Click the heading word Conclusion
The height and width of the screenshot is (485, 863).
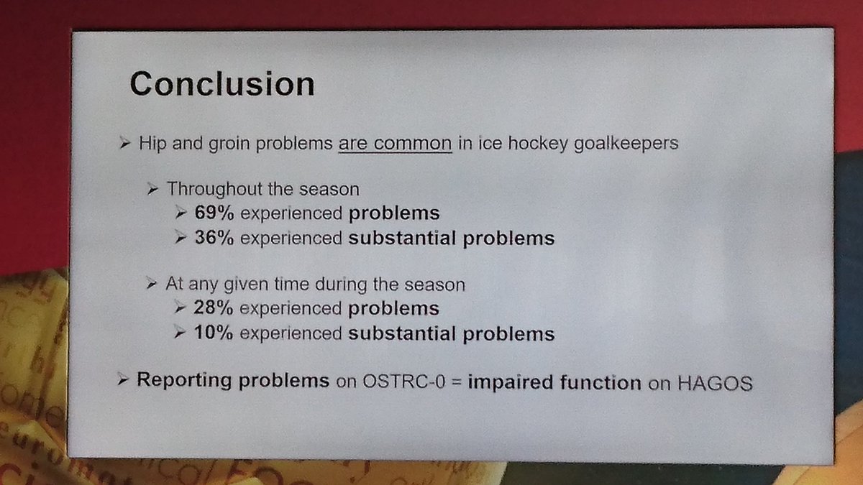point(222,84)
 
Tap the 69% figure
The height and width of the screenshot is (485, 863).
point(214,213)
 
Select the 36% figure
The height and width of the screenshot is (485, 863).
point(214,238)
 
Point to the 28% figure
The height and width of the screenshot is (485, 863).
point(214,308)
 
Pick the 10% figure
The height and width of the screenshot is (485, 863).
point(214,333)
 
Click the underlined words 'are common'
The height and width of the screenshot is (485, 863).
point(395,143)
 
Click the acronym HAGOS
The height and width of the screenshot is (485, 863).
point(716,383)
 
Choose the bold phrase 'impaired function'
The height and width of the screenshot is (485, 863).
point(554,382)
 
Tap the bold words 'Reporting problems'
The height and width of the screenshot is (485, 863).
point(232,380)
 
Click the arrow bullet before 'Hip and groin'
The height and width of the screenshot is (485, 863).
point(124,144)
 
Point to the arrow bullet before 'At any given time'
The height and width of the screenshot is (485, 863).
point(152,285)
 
